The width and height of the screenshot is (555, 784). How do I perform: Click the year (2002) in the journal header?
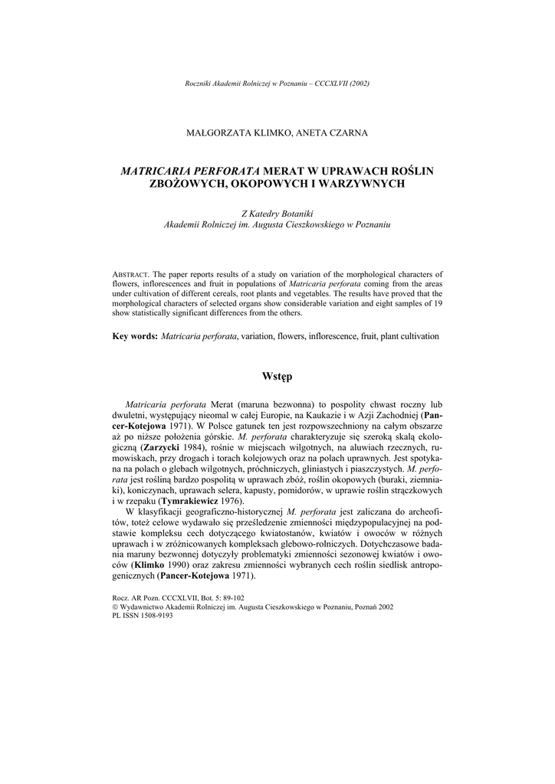pos(359,83)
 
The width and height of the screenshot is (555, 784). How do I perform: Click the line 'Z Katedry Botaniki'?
pos(277,214)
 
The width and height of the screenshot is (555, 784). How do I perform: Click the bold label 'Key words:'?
pos(135,336)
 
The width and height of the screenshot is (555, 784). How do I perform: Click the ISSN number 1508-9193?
pos(156,615)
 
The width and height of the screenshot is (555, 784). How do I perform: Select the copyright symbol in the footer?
pos(115,606)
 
